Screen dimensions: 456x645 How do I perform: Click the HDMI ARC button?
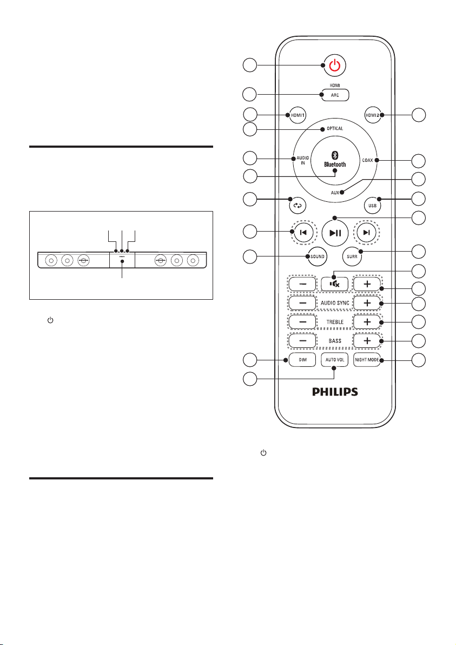335,95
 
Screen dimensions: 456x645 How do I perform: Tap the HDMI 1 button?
298,116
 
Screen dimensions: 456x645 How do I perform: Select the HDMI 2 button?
373,116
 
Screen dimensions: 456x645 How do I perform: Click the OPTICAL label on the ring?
335,128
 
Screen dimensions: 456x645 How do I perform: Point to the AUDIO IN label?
302,160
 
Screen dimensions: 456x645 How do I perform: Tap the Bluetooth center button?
335,160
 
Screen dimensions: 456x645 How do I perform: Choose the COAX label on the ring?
367,160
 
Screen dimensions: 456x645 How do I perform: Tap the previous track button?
302,233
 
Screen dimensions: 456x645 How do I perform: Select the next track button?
366,233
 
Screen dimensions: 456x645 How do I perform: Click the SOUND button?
317,256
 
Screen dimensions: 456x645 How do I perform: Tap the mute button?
335,284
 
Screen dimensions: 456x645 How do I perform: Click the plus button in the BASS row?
367,340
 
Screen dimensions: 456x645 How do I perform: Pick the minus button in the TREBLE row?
302,321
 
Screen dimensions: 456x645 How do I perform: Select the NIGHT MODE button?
367,360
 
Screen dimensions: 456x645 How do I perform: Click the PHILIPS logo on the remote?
335,392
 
